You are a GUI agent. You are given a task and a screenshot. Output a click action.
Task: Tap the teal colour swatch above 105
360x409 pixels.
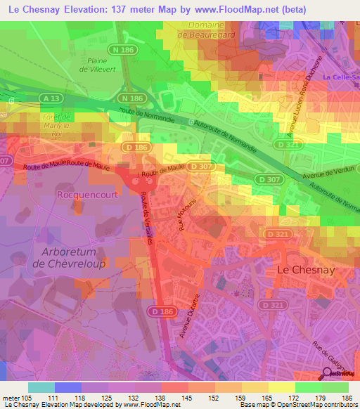coord(41,387)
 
